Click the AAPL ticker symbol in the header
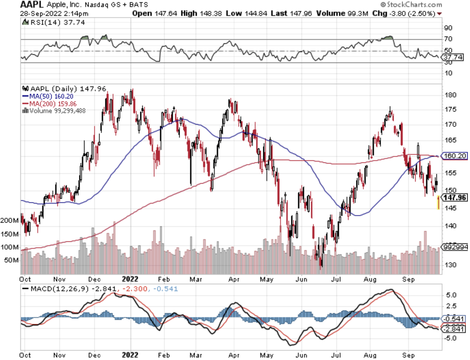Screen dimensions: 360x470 [x=32, y=5]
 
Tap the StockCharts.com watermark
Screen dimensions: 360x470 [x=411, y=5]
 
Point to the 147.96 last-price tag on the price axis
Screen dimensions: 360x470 [x=455, y=197]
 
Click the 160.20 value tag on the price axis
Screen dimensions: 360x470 [x=455, y=156]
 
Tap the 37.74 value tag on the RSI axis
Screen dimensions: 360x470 [x=453, y=57]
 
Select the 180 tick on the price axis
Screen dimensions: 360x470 [x=450, y=95]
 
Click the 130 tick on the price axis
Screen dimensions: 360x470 [x=450, y=265]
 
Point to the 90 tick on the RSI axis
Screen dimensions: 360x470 [x=448, y=28]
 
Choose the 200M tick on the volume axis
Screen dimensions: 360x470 [x=9, y=221]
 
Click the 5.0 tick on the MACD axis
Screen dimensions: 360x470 [x=451, y=295]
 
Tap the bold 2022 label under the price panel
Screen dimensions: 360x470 [x=130, y=279]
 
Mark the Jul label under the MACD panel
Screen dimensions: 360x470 [x=336, y=355]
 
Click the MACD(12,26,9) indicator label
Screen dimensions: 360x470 [x=60, y=289]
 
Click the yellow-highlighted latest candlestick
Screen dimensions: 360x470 [x=438, y=203]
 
